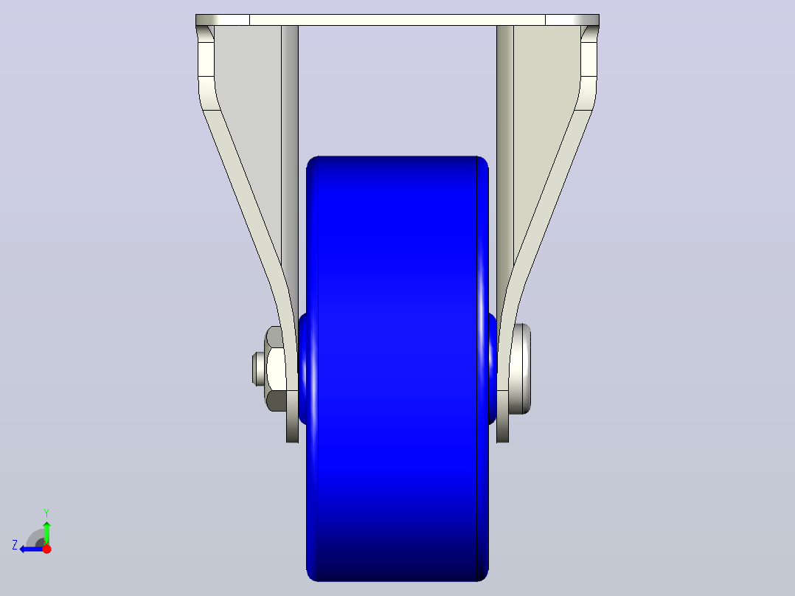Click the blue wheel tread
[x=397, y=369]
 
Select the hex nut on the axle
[x=274, y=369]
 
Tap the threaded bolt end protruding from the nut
[x=257, y=369]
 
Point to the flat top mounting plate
[x=397, y=21]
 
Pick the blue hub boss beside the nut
[x=302, y=369]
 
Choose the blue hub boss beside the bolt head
[x=493, y=369]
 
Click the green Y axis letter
[x=46, y=513]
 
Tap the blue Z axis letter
[x=15, y=545]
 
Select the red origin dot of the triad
[x=46, y=549]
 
